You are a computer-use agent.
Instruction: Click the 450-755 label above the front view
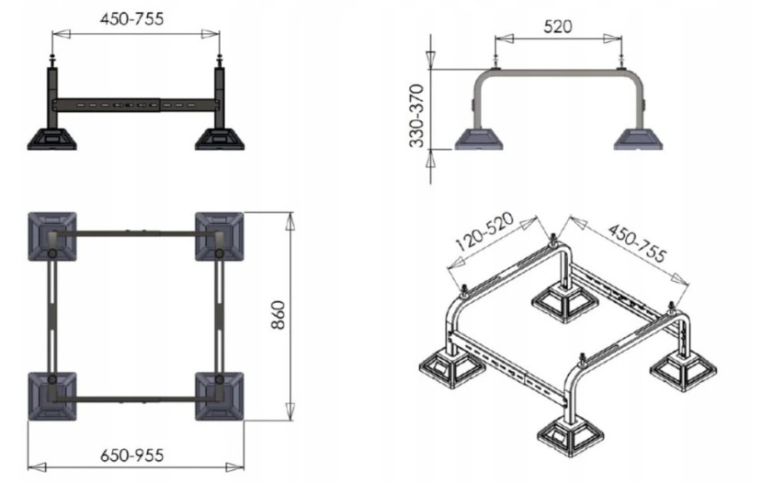131,18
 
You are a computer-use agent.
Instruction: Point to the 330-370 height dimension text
417,116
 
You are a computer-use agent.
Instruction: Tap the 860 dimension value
278,316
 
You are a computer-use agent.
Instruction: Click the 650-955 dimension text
132,455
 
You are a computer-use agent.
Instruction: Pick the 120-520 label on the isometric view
485,231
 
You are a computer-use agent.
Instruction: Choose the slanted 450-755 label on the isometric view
638,242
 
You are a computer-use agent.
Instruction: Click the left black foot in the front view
51,139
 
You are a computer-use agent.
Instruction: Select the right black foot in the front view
220,139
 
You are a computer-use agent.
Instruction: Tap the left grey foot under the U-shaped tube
479,139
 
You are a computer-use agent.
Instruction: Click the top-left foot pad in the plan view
52,236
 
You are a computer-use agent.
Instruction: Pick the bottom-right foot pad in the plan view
220,397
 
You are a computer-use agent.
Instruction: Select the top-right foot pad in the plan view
220,236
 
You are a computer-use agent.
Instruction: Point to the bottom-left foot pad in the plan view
52,397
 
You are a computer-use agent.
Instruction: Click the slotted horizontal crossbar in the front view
136,106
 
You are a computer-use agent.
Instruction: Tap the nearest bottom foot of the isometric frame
572,435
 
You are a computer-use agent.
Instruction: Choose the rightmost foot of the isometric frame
684,369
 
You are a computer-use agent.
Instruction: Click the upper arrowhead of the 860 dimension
290,221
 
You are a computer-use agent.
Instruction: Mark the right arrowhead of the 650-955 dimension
234,467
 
